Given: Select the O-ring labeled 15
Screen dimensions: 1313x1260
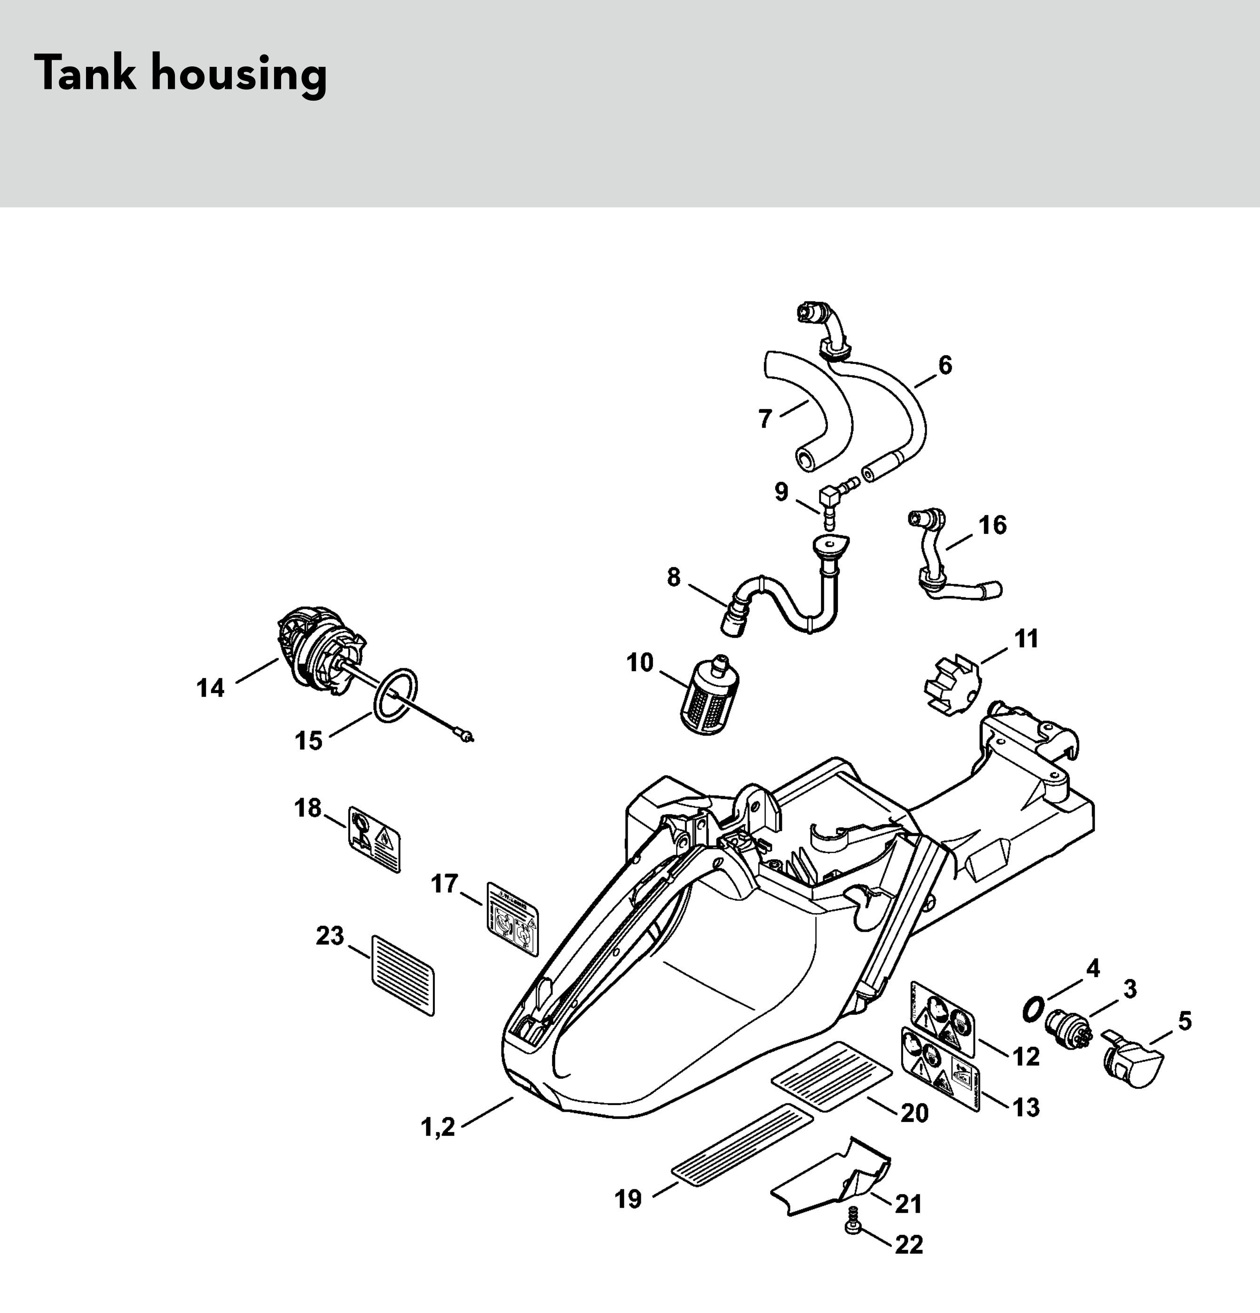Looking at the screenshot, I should pos(395,696).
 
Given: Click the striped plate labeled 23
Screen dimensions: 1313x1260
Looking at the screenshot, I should pos(402,975).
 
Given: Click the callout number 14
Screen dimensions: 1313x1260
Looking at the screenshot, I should pos(210,688).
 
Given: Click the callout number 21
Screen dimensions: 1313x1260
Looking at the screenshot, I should pos(908,1204).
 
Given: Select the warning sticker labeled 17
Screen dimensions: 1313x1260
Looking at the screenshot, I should pos(512,918).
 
